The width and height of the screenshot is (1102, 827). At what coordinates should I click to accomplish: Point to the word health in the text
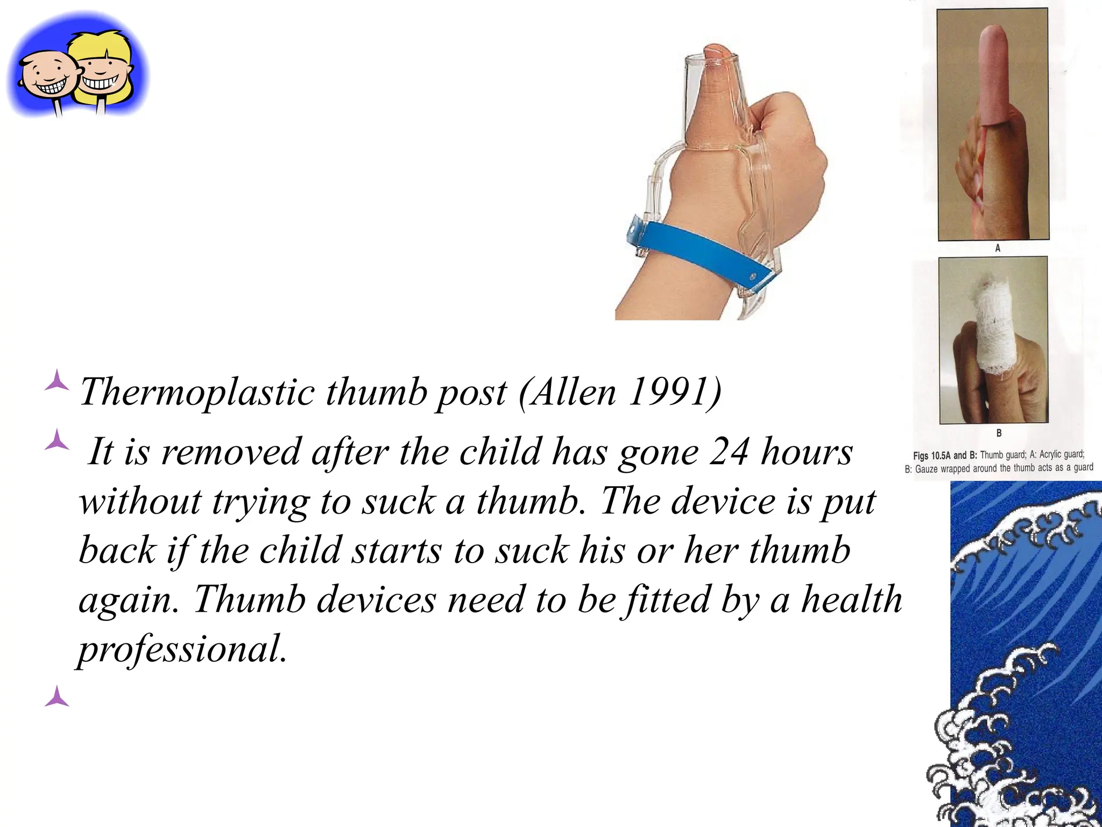point(851,600)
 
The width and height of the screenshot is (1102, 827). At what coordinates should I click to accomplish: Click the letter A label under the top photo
point(998,248)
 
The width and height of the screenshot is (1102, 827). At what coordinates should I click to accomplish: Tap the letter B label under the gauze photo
point(999,432)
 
